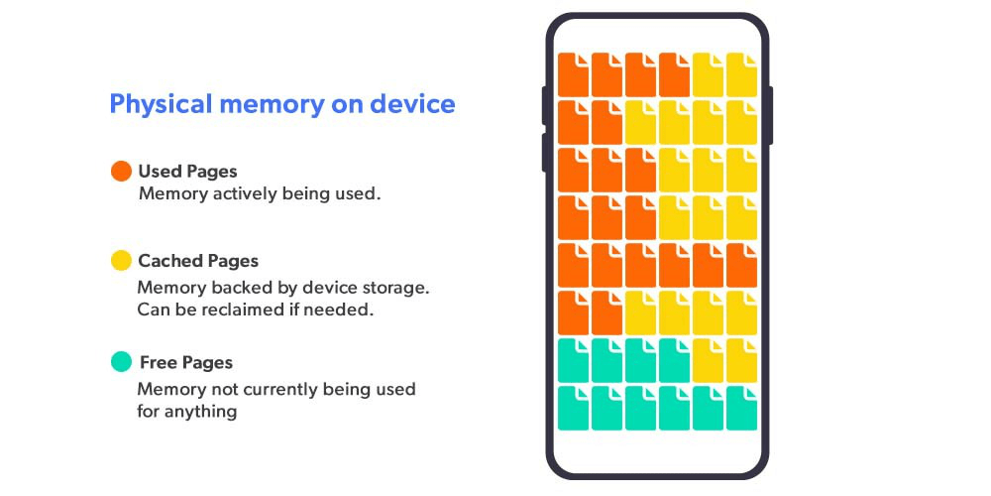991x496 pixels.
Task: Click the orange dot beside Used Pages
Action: point(121,172)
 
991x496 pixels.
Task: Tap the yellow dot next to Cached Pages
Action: point(121,261)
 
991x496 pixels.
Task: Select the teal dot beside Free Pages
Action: point(121,362)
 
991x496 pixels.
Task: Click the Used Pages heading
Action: point(187,172)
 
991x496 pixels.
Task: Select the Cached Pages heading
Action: point(198,261)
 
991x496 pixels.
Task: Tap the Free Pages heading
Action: point(185,362)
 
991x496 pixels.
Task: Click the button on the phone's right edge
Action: point(770,115)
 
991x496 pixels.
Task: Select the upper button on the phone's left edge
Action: point(543,105)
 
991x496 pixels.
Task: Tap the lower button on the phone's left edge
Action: point(543,152)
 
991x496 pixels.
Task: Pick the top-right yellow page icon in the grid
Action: point(741,74)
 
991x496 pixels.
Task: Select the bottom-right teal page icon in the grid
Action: point(741,408)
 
